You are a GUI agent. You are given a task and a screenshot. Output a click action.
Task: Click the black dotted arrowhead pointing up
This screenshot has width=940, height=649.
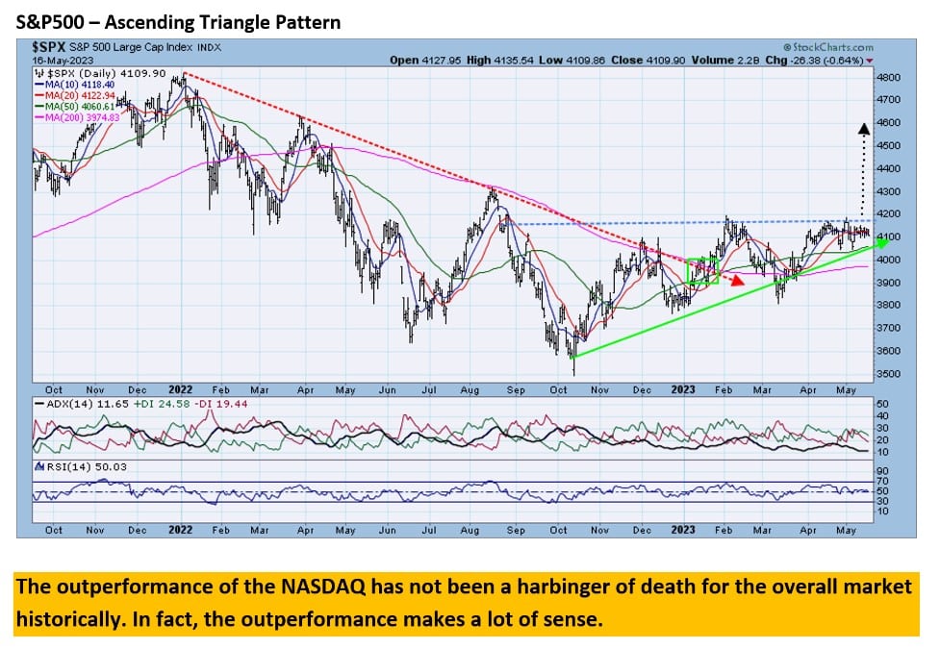pyautogui.click(x=863, y=126)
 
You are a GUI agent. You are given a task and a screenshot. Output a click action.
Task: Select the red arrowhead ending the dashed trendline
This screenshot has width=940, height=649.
pyautogui.click(x=737, y=281)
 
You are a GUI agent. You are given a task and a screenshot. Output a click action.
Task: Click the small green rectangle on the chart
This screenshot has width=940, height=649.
pyautogui.click(x=702, y=271)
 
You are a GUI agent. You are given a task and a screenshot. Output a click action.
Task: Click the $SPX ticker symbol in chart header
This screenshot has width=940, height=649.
pyautogui.click(x=49, y=46)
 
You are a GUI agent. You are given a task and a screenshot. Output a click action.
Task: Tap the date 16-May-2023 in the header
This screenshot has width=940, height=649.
pyautogui.click(x=59, y=60)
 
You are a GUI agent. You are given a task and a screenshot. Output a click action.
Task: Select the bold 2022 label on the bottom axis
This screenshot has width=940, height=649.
pyautogui.click(x=180, y=530)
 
